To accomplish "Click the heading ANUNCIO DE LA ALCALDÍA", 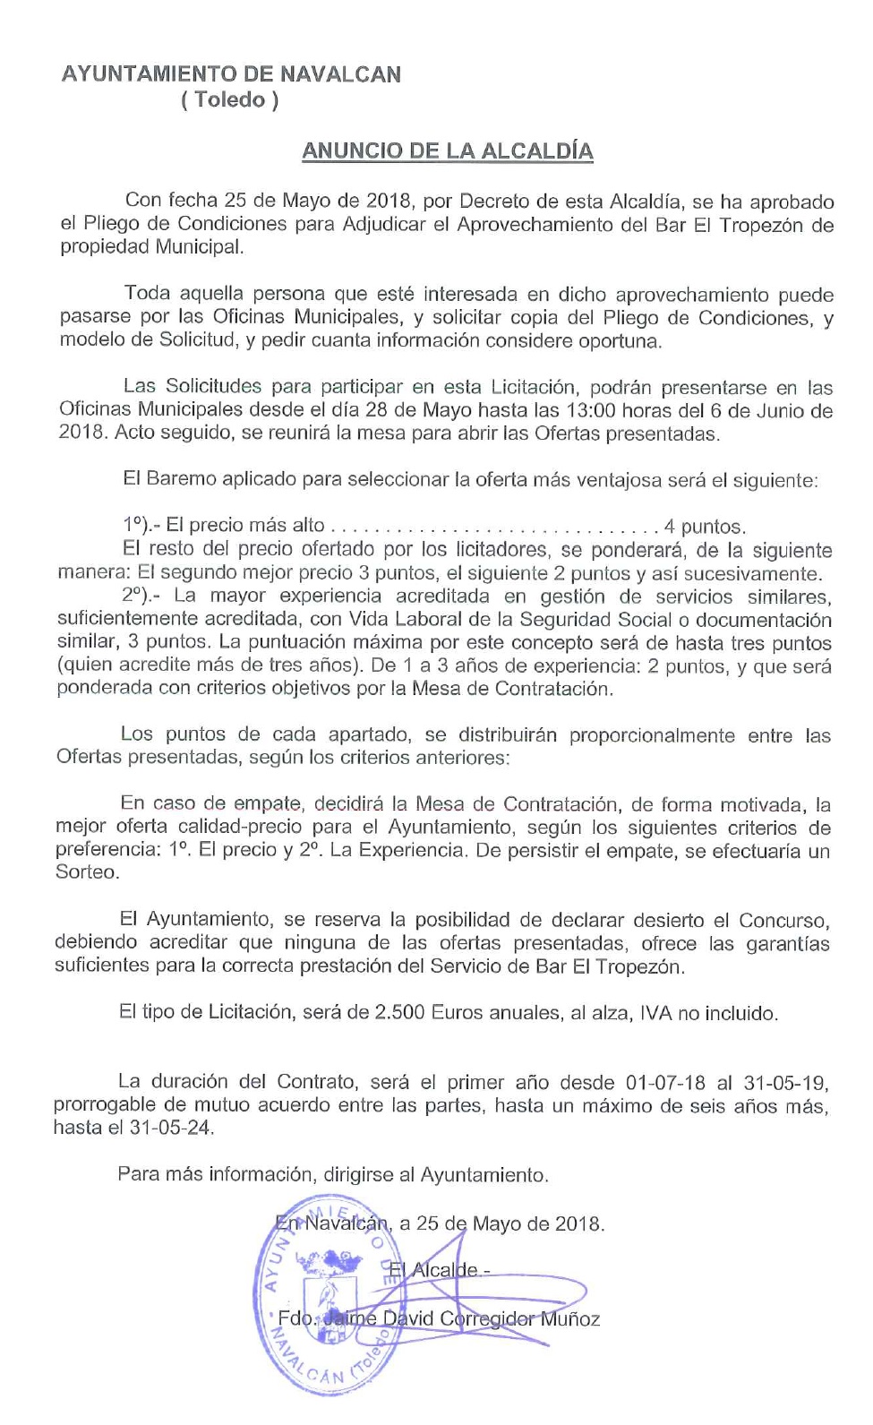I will (447, 150).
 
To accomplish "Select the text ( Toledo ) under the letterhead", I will (230, 99).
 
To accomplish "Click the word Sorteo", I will (86, 872).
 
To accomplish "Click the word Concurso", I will (783, 921).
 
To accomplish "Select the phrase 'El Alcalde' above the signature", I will (433, 1269).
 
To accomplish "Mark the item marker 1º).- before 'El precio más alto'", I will (141, 527).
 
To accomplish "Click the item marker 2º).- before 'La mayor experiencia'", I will (141, 596).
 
